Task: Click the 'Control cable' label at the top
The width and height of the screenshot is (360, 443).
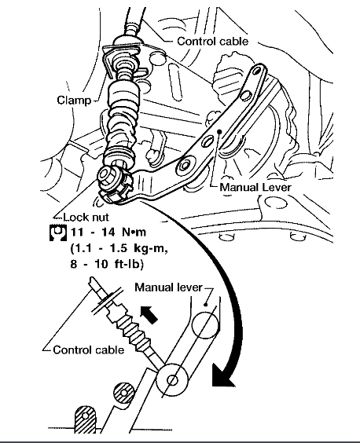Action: pyautogui.click(x=213, y=42)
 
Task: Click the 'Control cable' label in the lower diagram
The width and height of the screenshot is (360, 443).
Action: pyautogui.click(x=89, y=350)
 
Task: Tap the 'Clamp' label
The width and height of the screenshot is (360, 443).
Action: pyautogui.click(x=74, y=101)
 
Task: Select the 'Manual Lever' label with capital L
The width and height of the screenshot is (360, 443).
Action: pyautogui.click(x=255, y=187)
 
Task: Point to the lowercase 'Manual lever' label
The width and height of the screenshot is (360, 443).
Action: pyautogui.click(x=168, y=287)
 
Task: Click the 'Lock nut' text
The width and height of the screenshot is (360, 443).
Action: pyautogui.click(x=86, y=217)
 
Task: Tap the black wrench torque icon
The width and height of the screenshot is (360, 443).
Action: pyautogui.click(x=58, y=233)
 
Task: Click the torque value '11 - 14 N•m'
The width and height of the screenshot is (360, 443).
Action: pyautogui.click(x=108, y=232)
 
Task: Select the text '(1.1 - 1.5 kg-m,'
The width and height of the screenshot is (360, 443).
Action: pyautogui.click(x=119, y=249)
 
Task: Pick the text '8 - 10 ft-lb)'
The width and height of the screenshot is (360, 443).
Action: pyautogui.click(x=107, y=264)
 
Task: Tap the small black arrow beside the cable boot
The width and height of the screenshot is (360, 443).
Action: pyautogui.click(x=149, y=314)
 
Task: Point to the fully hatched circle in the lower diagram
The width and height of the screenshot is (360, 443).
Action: pyautogui.click(x=123, y=393)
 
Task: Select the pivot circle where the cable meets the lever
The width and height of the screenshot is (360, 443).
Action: pyautogui.click(x=172, y=380)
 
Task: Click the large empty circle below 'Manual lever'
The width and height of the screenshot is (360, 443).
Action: pyautogui.click(x=205, y=324)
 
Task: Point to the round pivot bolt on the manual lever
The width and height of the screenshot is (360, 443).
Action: pyautogui.click(x=186, y=165)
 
